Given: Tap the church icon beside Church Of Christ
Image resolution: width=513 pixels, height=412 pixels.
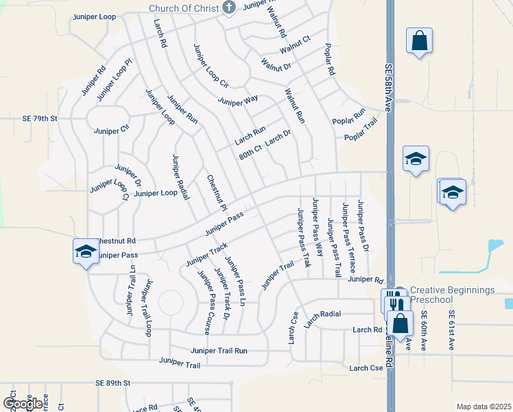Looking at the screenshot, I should (x=229, y=8).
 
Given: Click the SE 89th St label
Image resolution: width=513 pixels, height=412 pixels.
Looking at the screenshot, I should (x=113, y=382).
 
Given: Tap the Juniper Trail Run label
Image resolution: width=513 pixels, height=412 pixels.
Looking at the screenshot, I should (x=219, y=350).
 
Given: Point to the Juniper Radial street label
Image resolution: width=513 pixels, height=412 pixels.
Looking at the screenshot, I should (x=180, y=177).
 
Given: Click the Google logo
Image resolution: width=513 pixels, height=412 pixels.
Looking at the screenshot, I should (x=22, y=404).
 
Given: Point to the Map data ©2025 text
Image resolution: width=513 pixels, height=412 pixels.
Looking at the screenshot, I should (x=484, y=407).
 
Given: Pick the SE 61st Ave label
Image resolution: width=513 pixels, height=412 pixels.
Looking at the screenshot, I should (x=451, y=332).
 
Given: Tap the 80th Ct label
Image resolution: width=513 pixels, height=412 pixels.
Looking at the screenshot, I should (x=250, y=152).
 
